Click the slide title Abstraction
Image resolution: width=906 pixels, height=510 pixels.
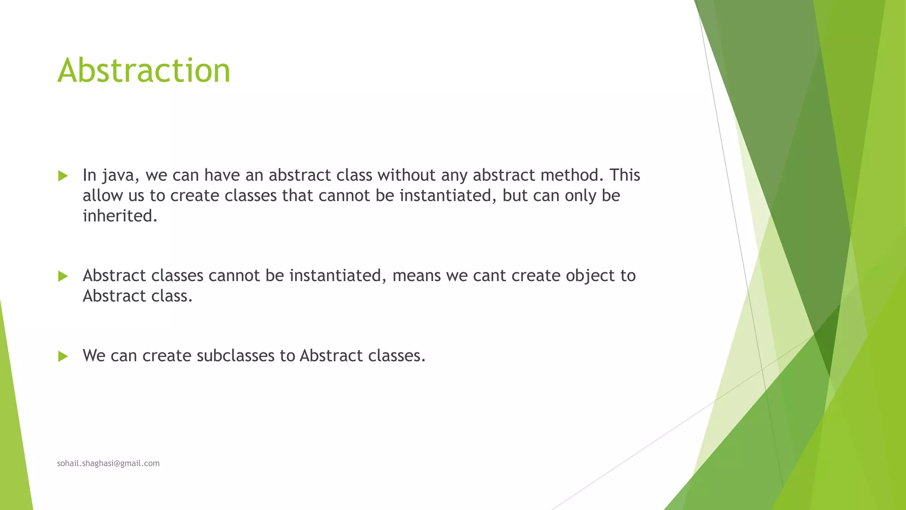144,71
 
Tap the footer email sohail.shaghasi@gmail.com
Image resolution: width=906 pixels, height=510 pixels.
108,464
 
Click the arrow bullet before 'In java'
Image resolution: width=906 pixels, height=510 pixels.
63,176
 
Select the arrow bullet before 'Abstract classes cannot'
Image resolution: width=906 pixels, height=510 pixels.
63,276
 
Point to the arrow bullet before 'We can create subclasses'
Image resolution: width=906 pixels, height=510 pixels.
63,356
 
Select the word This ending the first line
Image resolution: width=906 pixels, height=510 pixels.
625,175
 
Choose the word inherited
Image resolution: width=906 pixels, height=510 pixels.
120,216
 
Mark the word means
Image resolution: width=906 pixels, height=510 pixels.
417,276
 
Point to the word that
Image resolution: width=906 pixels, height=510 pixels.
298,196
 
